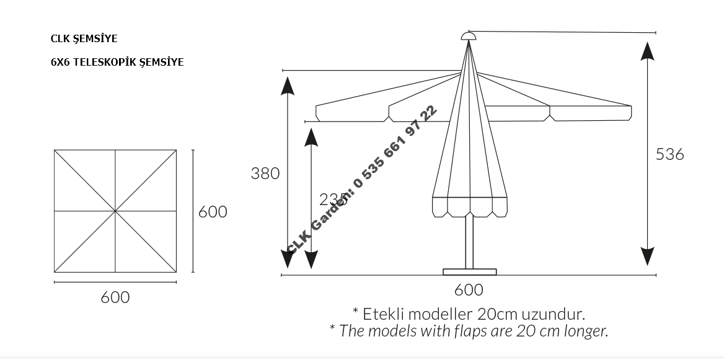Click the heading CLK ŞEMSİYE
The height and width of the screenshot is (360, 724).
(84, 38)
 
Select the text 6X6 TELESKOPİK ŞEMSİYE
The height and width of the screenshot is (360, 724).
(117, 62)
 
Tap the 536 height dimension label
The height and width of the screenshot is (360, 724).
(669, 154)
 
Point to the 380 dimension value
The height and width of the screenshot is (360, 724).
(265, 173)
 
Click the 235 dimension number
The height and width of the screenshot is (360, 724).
(332, 200)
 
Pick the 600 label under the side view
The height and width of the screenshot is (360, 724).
(468, 289)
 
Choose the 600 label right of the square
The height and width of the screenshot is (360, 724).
(213, 212)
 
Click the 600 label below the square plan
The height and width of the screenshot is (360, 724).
(115, 297)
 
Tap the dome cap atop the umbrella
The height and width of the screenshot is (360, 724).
(469, 36)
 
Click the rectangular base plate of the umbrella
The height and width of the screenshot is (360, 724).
(469, 271)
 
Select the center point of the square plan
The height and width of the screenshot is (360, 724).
(115, 211)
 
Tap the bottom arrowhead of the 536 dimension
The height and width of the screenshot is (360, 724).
(648, 256)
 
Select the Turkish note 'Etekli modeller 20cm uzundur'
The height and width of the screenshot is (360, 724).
(469, 313)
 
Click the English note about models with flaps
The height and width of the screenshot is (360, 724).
(469, 330)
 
